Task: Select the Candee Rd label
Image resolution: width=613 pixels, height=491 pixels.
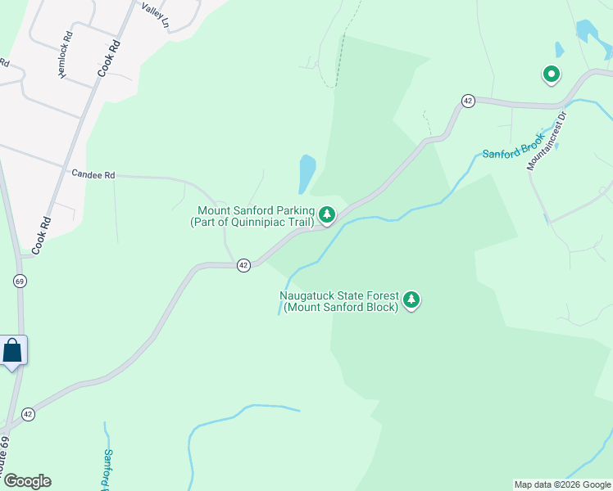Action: point(93,174)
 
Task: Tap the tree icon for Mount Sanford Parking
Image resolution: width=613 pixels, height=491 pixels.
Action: point(327,215)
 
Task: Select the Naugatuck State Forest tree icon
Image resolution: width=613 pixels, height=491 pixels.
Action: point(411,300)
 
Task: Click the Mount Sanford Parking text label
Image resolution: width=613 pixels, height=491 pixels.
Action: point(256,216)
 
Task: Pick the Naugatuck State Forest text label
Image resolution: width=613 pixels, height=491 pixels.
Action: point(338,301)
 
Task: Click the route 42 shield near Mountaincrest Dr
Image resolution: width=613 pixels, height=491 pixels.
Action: point(468,101)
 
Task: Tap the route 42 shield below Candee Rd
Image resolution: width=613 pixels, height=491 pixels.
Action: point(243,266)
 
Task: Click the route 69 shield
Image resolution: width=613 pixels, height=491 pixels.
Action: point(19,281)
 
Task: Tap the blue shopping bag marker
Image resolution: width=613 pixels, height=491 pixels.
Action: point(13,352)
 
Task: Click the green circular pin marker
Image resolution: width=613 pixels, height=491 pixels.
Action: point(552,75)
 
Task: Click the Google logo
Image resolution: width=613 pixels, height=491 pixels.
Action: point(27,481)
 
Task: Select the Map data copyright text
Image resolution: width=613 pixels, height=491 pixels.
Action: point(562,484)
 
